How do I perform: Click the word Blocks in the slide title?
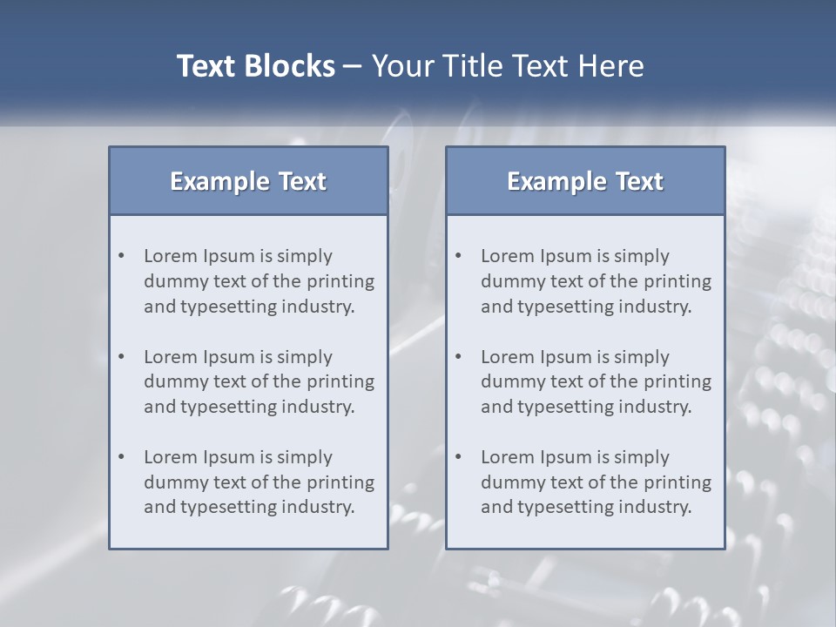coord(291,66)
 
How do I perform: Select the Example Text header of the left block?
coord(248,181)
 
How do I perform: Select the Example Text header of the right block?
coord(585,181)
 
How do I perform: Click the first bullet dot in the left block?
coord(122,256)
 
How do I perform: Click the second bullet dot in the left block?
coord(122,357)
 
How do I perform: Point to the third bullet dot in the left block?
coord(122,457)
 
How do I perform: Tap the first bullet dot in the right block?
coord(459,256)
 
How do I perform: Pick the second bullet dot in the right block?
coord(459,357)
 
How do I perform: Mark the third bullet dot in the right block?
coord(459,457)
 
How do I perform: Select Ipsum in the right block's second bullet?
coord(566,357)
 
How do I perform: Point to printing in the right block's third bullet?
coord(678,482)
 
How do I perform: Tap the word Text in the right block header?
coord(640,181)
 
